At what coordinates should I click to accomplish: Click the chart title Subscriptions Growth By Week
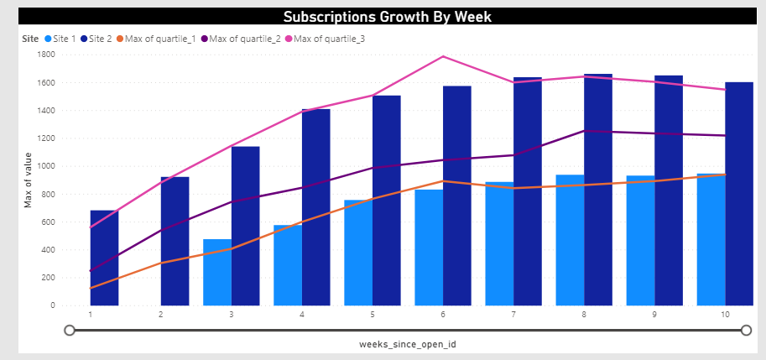(386, 17)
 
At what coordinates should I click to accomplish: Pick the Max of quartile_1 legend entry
(159, 39)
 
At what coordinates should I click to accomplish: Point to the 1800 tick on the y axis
(45, 55)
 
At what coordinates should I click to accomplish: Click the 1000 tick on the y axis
(45, 166)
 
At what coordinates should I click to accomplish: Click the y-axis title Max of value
(27, 180)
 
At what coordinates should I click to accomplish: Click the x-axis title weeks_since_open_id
(407, 344)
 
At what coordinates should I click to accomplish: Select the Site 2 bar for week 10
(739, 193)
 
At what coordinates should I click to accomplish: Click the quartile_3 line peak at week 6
(443, 56)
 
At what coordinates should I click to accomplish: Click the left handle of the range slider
(70, 331)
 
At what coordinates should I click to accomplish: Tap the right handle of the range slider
(746, 331)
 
